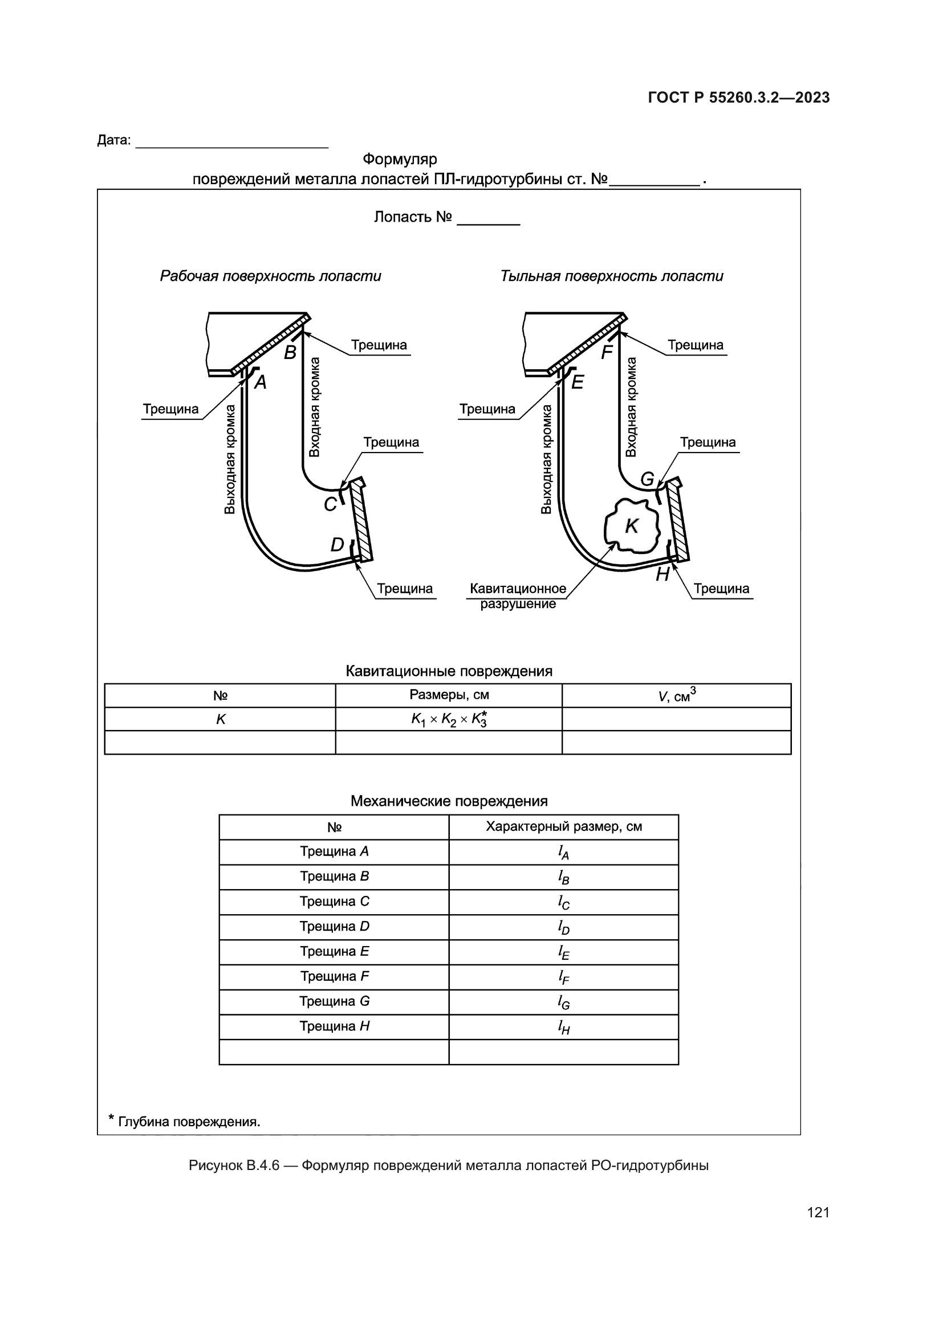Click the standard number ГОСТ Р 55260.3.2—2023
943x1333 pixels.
point(738,97)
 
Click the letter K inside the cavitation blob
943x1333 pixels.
point(631,526)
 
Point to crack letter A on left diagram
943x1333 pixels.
point(261,382)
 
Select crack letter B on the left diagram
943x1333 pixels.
point(290,352)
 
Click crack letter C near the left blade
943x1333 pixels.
point(330,504)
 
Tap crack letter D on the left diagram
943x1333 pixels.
point(337,545)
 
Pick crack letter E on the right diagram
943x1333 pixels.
point(577,382)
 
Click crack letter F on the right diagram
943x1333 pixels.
point(607,352)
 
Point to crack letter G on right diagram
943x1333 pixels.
point(647,479)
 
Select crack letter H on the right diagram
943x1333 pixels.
point(662,575)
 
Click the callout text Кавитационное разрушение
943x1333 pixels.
point(517,596)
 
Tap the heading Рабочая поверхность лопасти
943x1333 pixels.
point(271,276)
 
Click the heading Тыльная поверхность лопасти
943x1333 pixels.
point(611,276)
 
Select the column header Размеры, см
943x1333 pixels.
point(449,695)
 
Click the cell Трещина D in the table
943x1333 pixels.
point(334,927)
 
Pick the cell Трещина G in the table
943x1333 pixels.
point(334,1001)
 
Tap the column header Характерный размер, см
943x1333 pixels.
point(563,827)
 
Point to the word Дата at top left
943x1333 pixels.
point(114,141)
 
